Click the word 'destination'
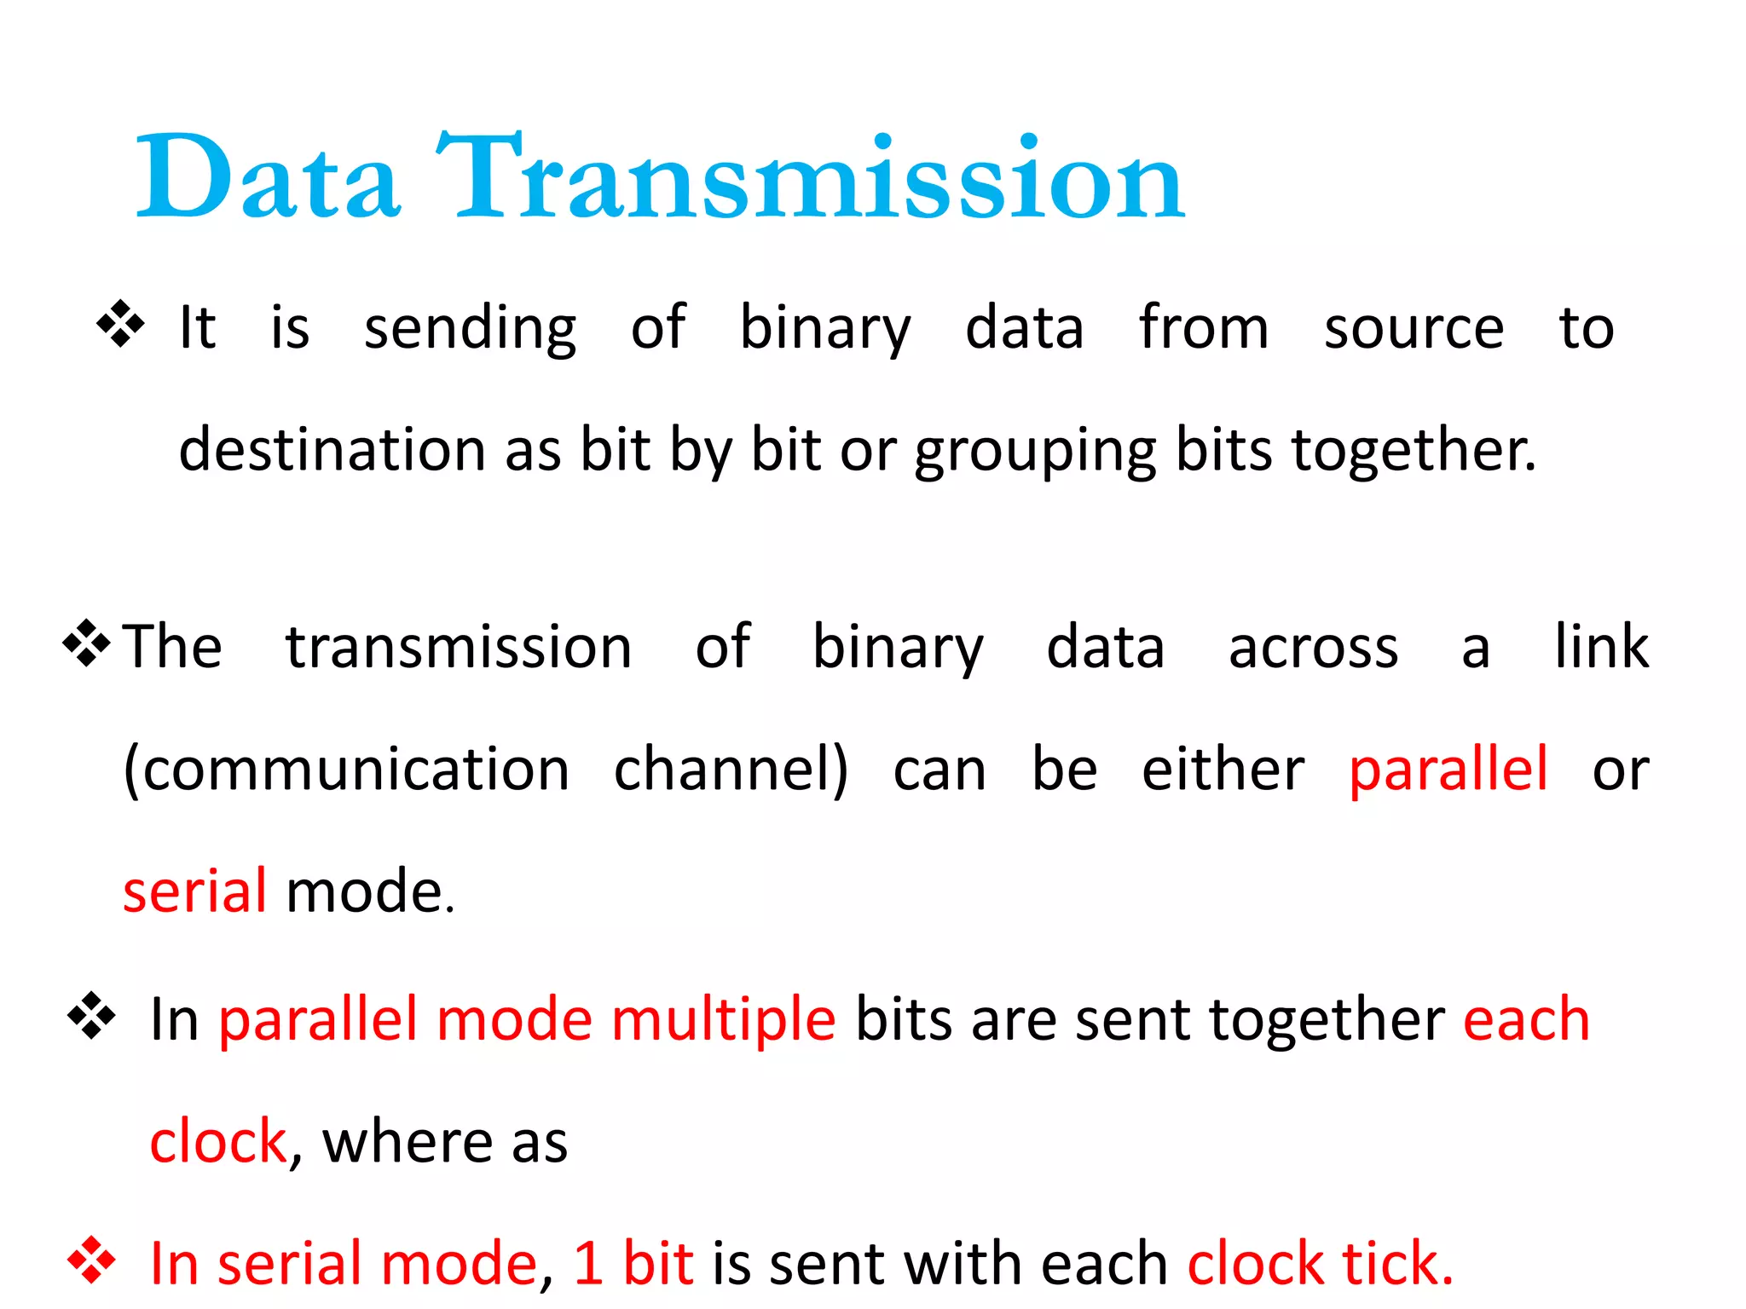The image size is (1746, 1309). [x=332, y=451]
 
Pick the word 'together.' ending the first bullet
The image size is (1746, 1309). [x=1414, y=451]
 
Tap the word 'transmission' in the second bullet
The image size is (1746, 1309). [x=459, y=648]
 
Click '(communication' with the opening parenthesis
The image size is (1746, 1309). [x=346, y=770]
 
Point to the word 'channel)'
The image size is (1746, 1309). [x=731, y=770]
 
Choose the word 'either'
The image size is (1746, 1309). [x=1223, y=770]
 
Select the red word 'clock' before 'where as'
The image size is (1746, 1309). [x=218, y=1142]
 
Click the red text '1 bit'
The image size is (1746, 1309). [x=633, y=1264]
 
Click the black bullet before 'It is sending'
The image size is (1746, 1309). [x=120, y=324]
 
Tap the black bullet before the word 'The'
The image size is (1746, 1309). [x=86, y=643]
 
